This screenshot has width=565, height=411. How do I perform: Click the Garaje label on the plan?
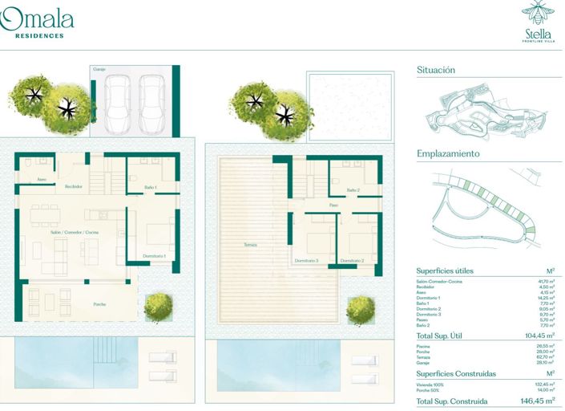pos(99,69)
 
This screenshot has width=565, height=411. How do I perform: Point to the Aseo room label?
pos(42,180)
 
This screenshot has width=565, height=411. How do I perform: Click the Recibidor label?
pos(74,186)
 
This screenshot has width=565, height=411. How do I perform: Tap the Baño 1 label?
pos(150,187)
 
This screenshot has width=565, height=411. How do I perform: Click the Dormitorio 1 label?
pos(154,256)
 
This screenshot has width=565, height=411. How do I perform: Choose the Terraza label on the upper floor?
pos(251,245)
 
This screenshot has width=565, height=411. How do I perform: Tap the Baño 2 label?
pos(353,189)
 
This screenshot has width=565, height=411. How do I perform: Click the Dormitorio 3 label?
pos(306,261)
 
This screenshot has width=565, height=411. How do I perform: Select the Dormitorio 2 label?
pos(352,261)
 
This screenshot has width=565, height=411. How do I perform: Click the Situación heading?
pos(436,71)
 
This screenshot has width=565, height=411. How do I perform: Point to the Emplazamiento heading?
pos(448,153)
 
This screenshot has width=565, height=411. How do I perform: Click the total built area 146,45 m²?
pos(535,400)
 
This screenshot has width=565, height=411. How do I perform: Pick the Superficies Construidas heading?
pos(456,373)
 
